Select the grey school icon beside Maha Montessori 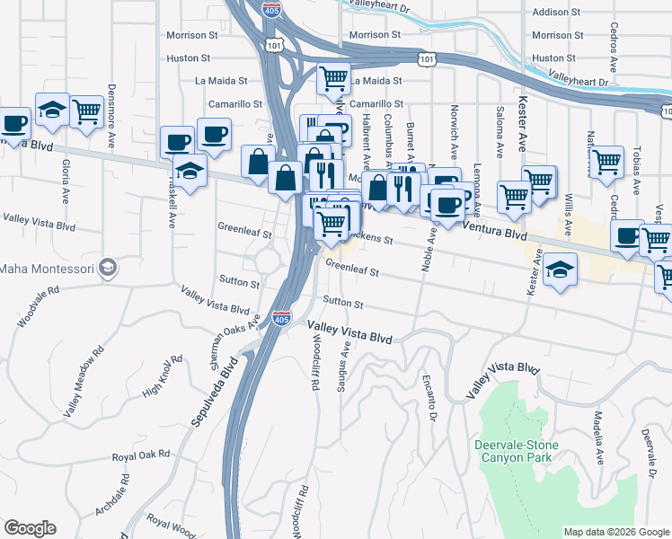point(108,268)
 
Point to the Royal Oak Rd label point(141,455)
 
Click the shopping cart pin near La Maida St point(333,79)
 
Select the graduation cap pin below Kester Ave point(559,271)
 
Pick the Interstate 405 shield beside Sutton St point(281,317)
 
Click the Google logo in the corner point(30,528)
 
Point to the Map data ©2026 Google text point(616,532)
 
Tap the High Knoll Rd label point(163,376)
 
